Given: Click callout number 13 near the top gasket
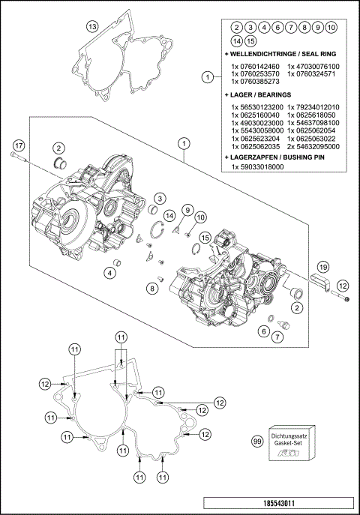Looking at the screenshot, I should pos(91,27).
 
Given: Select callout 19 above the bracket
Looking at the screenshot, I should pos(322,267).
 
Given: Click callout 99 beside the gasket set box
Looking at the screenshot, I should pos(258,442).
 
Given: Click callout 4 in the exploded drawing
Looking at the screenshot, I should pos(110,273).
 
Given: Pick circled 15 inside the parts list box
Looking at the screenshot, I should pos(250,40).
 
